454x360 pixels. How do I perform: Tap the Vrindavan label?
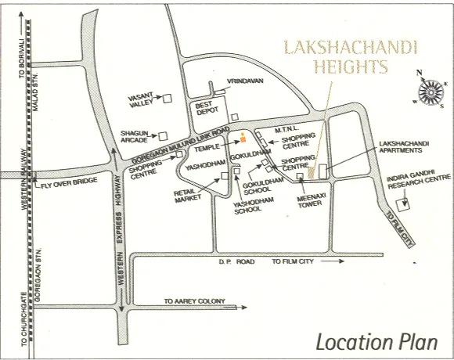[243, 81]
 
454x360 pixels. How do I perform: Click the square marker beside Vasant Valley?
[166, 99]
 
